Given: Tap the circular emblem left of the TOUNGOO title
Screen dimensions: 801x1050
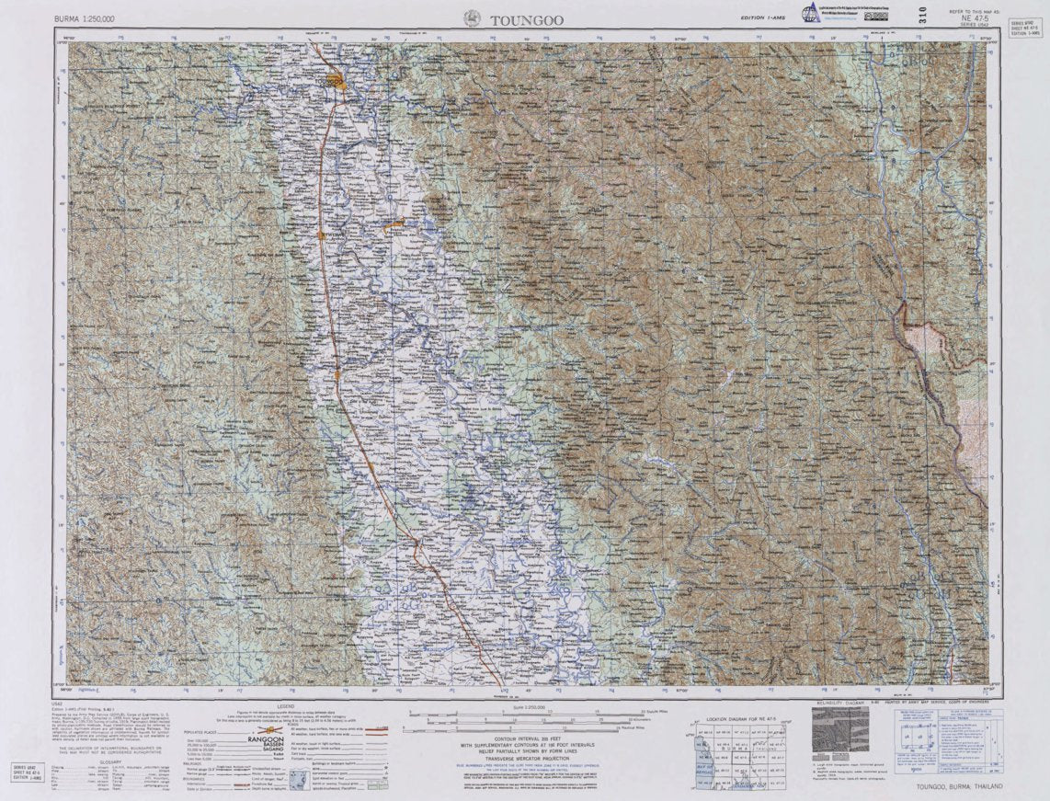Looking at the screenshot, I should click(x=473, y=17).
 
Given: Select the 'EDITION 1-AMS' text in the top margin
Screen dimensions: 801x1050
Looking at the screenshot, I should click(x=763, y=17).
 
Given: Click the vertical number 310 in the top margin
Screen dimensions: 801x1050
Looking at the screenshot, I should click(x=921, y=15).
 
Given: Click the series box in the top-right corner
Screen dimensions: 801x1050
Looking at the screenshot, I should click(x=1025, y=28).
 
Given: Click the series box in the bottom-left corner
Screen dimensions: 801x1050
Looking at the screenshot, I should click(x=29, y=772).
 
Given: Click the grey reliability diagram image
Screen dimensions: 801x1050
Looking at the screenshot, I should click(x=839, y=728).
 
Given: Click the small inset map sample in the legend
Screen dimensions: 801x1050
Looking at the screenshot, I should click(x=300, y=780).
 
